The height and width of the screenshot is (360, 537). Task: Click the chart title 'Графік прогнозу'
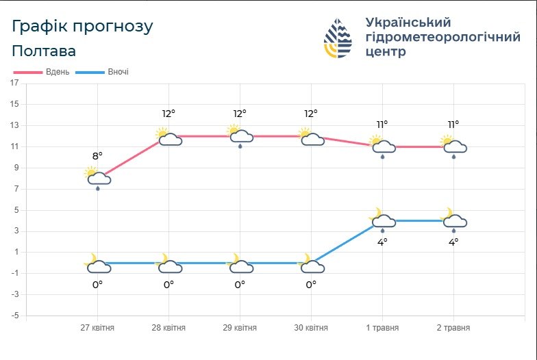(x=82, y=27)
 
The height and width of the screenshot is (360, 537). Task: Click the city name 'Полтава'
(x=44, y=51)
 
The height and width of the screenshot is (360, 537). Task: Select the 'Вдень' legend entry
(x=42, y=72)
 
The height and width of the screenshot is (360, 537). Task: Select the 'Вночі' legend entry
(x=102, y=72)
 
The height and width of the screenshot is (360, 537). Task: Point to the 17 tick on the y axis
(x=14, y=83)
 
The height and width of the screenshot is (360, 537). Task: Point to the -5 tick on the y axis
(x=14, y=316)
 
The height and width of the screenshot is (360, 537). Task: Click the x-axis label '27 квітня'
(x=97, y=328)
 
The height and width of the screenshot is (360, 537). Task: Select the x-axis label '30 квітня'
(x=310, y=328)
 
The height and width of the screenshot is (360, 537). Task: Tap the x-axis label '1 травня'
(x=382, y=328)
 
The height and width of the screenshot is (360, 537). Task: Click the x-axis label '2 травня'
(x=453, y=328)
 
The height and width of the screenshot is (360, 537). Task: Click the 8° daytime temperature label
(x=97, y=156)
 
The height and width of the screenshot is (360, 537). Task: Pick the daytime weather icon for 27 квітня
(x=97, y=177)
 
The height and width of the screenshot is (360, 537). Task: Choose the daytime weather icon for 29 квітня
(x=239, y=136)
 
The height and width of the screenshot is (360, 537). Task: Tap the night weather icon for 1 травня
(x=382, y=219)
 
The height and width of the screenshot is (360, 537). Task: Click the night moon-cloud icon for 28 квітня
(x=168, y=264)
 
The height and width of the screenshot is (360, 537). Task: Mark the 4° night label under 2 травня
(x=453, y=242)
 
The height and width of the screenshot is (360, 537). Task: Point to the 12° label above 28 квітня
(x=168, y=114)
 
